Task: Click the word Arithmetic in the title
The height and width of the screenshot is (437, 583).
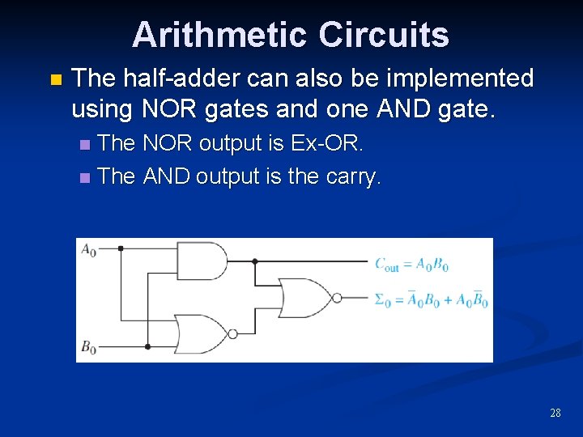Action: tap(220, 35)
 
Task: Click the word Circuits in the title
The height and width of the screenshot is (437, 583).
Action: tap(383, 35)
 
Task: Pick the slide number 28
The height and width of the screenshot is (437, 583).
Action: tap(555, 413)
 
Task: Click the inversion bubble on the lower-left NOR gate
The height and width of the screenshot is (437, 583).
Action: tap(233, 333)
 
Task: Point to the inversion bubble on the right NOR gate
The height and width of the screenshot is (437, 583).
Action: tap(336, 299)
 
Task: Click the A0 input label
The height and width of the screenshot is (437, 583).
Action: tap(88, 250)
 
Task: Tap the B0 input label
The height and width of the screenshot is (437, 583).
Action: tap(88, 346)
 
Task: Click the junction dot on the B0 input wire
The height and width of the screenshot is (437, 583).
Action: tap(147, 346)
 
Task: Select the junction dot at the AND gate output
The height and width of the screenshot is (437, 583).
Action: tap(255, 261)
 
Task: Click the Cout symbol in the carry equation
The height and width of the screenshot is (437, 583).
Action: tap(386, 265)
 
